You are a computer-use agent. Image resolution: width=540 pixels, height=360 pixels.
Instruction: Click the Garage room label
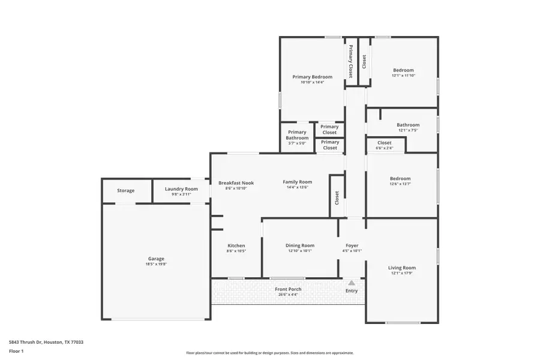(x=156, y=259)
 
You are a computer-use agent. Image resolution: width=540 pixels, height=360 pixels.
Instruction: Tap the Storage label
(x=125, y=191)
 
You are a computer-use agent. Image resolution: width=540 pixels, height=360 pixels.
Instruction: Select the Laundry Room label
(x=181, y=189)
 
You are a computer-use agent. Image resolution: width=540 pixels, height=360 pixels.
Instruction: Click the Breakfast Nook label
(x=236, y=183)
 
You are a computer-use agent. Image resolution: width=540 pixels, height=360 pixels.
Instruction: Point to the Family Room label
(x=297, y=182)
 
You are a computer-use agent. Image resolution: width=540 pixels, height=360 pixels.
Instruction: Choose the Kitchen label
(x=236, y=246)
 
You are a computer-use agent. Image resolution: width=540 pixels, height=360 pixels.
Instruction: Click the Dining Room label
(x=300, y=245)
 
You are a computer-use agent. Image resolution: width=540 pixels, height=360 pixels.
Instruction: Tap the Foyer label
(x=352, y=245)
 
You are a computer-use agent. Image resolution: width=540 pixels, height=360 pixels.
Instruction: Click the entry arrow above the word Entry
(x=352, y=283)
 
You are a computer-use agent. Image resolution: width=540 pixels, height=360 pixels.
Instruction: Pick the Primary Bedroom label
(x=312, y=77)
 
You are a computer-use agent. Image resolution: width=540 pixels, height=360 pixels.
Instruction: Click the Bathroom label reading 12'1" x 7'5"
(x=408, y=125)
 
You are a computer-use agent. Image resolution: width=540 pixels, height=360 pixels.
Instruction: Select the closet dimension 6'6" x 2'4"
(x=385, y=148)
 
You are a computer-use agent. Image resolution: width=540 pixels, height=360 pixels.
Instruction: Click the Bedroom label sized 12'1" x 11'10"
(x=403, y=70)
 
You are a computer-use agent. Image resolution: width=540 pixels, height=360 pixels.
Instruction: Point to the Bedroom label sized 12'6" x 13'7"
(x=400, y=179)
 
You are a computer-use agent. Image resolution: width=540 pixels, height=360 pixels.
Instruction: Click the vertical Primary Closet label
(x=351, y=61)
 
